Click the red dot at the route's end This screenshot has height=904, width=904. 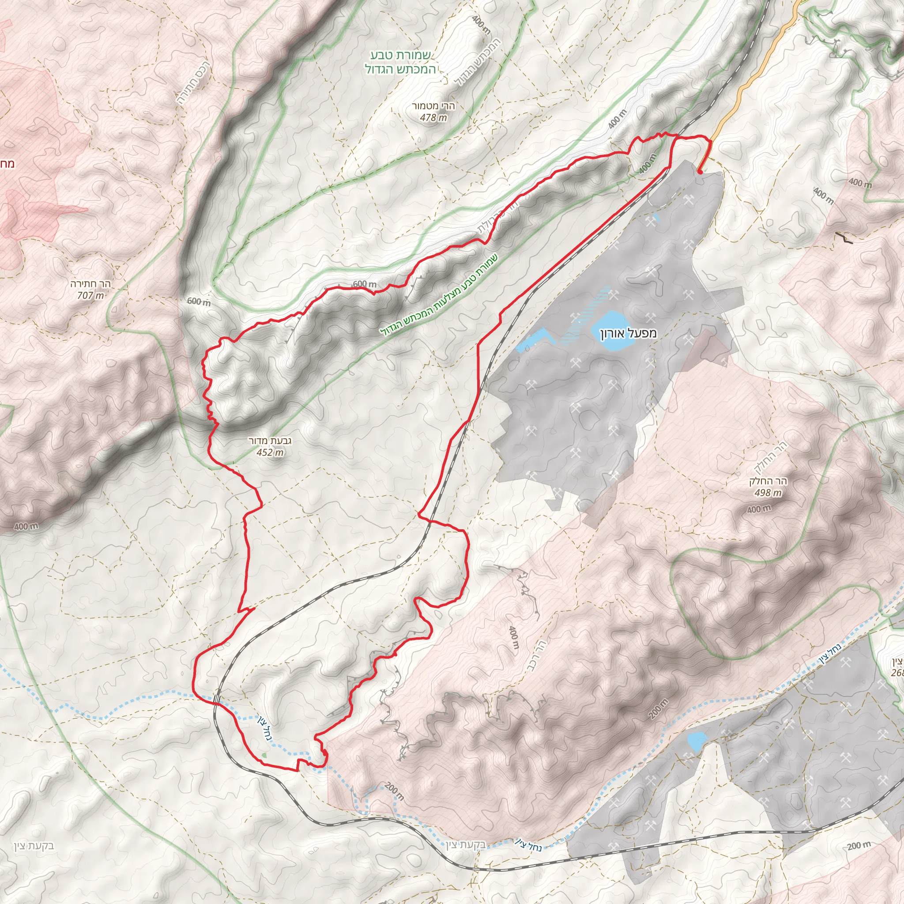point(699,172)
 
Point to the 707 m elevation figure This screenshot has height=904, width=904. point(90,295)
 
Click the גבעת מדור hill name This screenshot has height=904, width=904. point(270,441)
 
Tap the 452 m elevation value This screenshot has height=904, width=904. point(270,452)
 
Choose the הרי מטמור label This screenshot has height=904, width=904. point(433,106)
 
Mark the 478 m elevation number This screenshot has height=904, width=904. point(433,117)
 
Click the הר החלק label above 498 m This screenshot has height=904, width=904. point(768,481)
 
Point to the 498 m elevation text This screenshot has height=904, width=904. point(768,493)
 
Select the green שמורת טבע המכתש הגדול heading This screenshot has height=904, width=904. point(400,63)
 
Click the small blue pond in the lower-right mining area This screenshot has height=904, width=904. point(696,741)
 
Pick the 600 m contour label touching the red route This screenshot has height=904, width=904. point(364,284)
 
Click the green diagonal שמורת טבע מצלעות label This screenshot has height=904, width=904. point(440,295)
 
